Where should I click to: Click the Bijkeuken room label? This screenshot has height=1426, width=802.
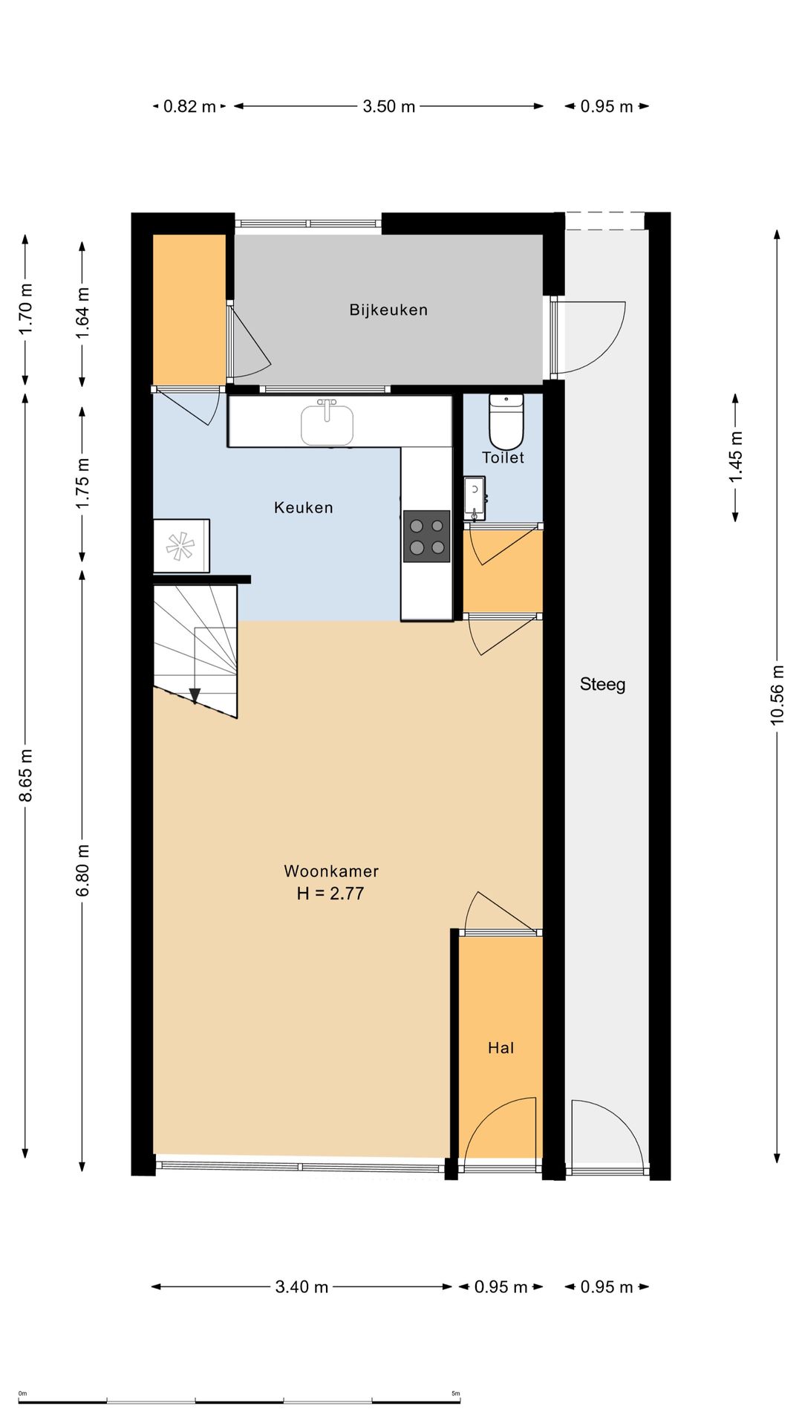[388, 310]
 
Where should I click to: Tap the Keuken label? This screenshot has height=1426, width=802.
[304, 507]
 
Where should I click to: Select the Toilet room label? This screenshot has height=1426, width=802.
[503, 458]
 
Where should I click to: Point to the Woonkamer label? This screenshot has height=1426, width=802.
[331, 871]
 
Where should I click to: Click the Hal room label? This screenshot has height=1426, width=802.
[501, 1048]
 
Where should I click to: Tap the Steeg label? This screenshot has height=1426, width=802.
[602, 684]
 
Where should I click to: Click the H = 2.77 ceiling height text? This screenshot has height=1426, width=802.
[330, 893]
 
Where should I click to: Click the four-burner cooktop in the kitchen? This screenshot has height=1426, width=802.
[427, 536]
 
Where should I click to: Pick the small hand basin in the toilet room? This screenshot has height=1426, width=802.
[475, 498]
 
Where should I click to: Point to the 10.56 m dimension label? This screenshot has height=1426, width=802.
[777, 694]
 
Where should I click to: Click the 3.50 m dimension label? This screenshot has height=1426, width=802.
[389, 106]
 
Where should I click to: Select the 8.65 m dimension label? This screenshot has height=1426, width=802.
[25, 775]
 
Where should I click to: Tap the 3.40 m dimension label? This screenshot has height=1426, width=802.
[301, 1287]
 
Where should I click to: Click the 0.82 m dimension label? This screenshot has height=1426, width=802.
[189, 106]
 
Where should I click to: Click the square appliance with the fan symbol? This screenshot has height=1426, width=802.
[181, 546]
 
